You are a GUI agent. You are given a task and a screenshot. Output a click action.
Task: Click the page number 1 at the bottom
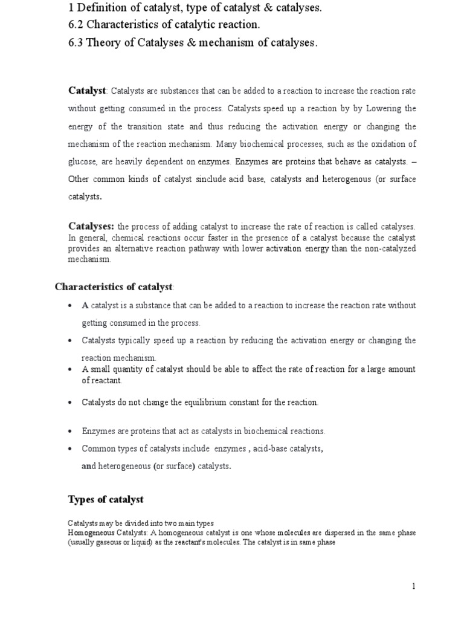414,586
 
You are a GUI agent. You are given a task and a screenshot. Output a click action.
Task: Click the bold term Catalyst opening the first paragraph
87,90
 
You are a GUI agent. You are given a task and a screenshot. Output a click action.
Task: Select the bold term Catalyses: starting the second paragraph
91,225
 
